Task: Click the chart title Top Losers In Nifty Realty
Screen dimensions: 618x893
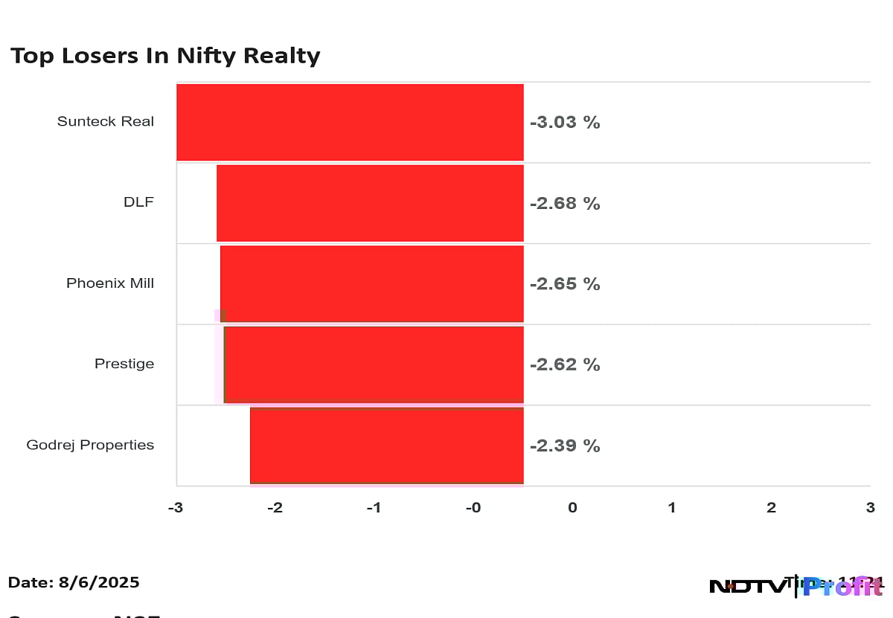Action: pos(165,56)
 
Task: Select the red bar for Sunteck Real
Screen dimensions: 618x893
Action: pos(350,122)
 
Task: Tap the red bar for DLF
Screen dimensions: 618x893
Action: pos(370,203)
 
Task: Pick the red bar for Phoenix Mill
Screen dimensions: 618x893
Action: pos(372,283)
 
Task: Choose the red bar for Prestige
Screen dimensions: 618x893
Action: pos(374,364)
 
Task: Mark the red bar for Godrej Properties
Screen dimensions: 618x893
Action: pos(387,445)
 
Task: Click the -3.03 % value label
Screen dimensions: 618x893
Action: pos(565,123)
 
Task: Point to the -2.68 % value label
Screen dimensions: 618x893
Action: pos(565,203)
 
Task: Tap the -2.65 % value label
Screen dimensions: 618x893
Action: pos(565,284)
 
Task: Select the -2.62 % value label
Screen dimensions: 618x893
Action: pos(565,364)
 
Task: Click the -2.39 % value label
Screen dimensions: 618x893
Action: pos(565,445)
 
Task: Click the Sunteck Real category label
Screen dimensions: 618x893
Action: pos(106,121)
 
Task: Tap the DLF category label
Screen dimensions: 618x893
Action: pos(138,202)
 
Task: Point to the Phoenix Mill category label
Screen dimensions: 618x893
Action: pos(110,283)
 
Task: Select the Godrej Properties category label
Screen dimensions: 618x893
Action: pos(90,445)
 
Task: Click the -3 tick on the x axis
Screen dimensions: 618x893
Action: pos(176,508)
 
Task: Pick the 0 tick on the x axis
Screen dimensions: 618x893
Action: pos(572,508)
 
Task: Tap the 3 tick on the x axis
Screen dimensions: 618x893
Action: pos(870,508)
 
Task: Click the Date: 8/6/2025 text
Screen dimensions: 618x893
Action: pos(74,582)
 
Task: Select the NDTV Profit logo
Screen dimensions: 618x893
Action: pos(795,586)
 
